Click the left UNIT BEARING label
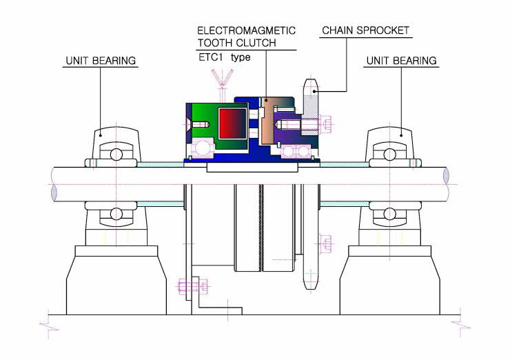click(x=101, y=61)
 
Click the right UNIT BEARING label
click(x=401, y=61)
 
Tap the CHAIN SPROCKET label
click(x=365, y=30)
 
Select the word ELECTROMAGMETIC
click(x=246, y=30)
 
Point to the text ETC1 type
click(x=225, y=57)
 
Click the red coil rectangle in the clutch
click(x=232, y=123)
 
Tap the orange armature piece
click(x=267, y=122)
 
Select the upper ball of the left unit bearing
click(x=116, y=154)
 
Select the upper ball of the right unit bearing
click(x=389, y=154)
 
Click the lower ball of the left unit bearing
click(x=116, y=214)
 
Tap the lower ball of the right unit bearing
click(x=389, y=214)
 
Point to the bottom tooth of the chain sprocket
click(x=311, y=282)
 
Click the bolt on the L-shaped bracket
click(x=192, y=286)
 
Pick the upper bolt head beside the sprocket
click(x=325, y=124)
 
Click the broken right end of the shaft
click(x=446, y=184)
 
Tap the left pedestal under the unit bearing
click(x=116, y=280)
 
